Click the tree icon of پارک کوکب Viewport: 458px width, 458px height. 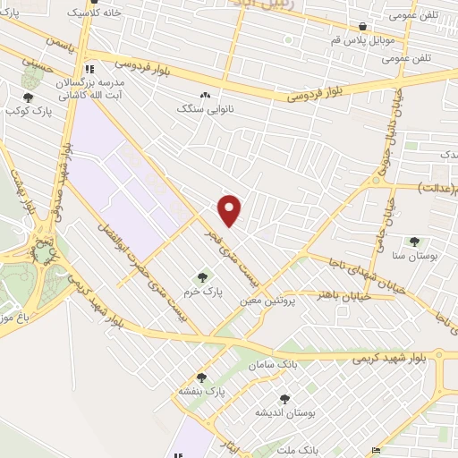point(28,98)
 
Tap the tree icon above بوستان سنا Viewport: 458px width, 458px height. point(413,242)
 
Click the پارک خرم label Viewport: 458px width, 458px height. point(201,293)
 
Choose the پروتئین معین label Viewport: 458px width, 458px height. point(266,301)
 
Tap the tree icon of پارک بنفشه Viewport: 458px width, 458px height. point(201,377)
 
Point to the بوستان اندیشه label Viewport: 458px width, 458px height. point(284,412)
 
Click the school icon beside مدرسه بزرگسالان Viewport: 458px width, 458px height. point(89,69)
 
